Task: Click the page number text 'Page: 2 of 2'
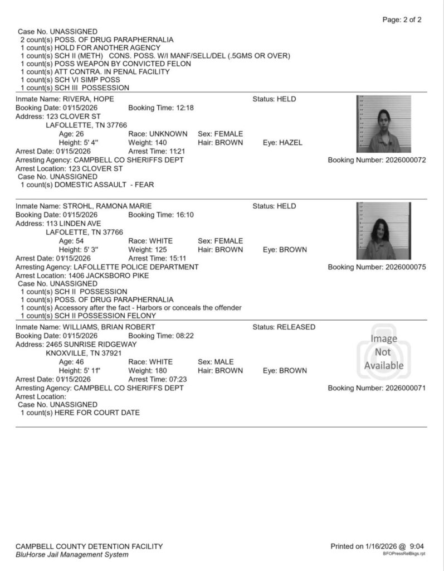pyautogui.click(x=402, y=20)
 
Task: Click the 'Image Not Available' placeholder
pyautogui.click(x=384, y=352)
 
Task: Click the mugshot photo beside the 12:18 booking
pyautogui.click(x=384, y=124)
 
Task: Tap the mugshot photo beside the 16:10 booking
pyautogui.click(x=384, y=231)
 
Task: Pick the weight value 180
pyautogui.click(x=165, y=370)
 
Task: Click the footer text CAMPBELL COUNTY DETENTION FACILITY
pyautogui.click(x=89, y=546)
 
